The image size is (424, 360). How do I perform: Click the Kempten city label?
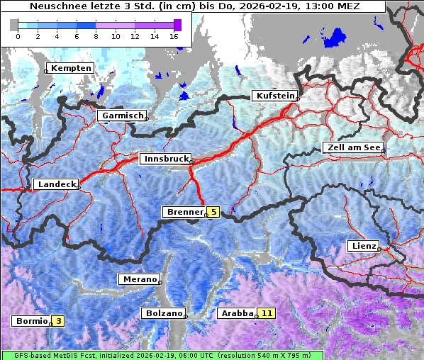point(70,68)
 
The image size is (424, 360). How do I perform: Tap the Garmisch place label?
point(122,116)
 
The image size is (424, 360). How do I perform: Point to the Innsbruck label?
point(164,159)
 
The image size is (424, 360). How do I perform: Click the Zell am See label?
point(353,147)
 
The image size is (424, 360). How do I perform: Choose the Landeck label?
point(56,184)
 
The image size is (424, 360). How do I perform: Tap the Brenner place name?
point(184,212)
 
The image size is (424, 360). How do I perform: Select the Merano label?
point(138,279)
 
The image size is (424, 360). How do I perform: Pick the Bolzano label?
point(163,313)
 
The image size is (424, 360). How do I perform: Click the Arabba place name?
point(236,313)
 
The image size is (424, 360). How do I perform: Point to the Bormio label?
point(31,321)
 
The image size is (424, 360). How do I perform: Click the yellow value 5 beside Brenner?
point(213,212)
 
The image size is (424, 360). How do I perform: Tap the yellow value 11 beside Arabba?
point(267,313)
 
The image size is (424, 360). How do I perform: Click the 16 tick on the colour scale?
point(174,35)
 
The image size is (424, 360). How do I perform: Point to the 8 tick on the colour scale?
point(96,35)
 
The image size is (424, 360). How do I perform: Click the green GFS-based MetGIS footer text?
point(162,355)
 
